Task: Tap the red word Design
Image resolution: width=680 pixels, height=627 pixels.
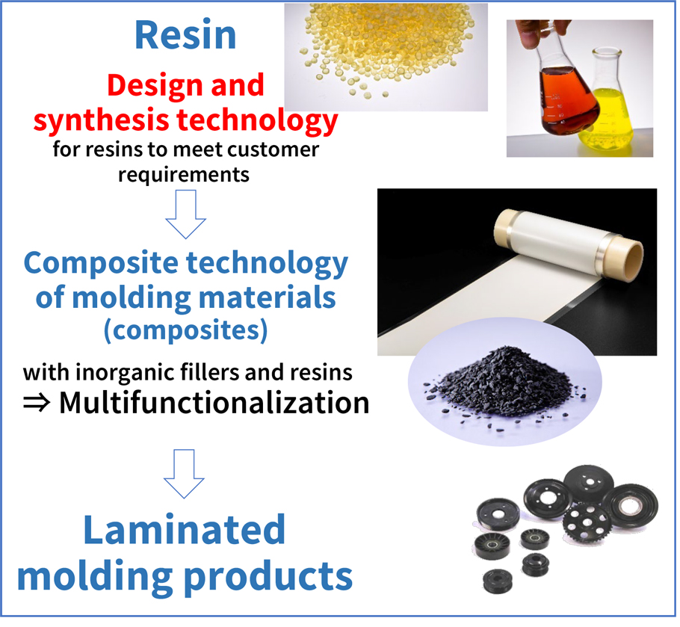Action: point(155,85)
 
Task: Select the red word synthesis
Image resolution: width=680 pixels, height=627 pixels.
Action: point(101,120)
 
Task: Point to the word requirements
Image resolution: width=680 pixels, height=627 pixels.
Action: point(184,176)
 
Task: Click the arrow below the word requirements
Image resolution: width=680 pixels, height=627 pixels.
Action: point(185,214)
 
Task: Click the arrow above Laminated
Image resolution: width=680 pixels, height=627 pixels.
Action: point(184,474)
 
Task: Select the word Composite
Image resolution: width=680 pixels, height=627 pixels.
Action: point(101,264)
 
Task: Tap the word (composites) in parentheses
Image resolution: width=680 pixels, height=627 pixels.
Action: point(185,330)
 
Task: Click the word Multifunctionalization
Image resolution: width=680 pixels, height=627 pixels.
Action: point(214,403)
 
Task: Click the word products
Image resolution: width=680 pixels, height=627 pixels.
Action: point(268,578)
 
